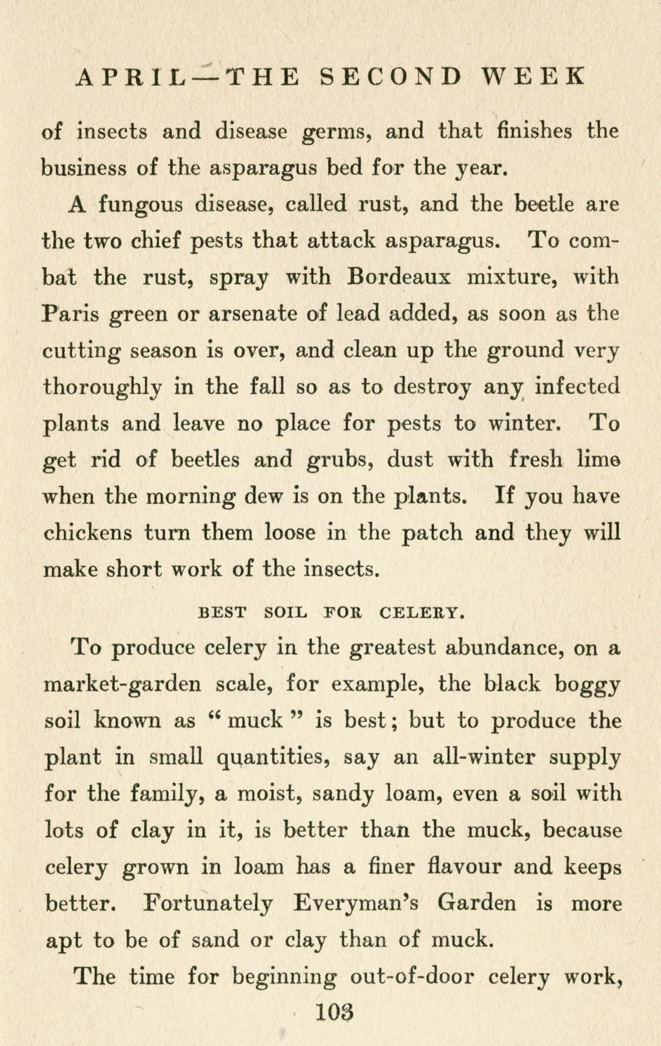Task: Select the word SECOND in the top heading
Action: coord(392,77)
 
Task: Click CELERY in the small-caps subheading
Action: coord(421,612)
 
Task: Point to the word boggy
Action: coord(588,685)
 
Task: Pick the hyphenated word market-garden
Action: coord(123,685)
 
